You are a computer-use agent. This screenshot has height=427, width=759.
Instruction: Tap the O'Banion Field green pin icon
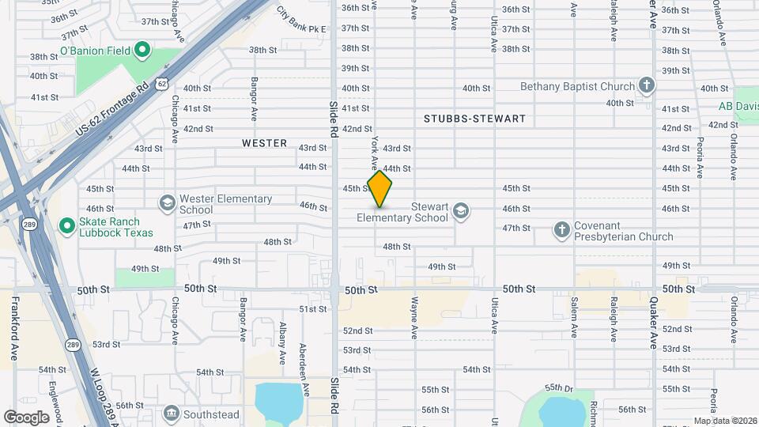[142, 51]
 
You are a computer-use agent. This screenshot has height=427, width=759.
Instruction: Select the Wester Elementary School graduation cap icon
[167, 204]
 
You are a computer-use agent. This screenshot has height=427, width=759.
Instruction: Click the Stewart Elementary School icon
[461, 211]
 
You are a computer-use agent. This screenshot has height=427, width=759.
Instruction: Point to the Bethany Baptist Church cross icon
[647, 85]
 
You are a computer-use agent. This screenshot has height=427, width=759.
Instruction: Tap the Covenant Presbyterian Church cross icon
[562, 230]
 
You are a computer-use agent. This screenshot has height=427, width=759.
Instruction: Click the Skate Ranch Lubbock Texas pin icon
[67, 227]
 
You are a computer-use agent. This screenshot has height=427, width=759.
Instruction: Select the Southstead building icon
[171, 413]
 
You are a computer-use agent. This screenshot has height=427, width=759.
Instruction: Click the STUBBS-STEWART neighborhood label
[474, 119]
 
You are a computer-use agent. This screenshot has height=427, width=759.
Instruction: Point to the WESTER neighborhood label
[264, 143]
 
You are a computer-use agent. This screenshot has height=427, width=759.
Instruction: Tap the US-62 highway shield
[162, 82]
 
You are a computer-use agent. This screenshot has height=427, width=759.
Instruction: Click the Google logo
[26, 417]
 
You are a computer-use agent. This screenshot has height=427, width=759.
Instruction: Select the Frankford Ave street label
[14, 329]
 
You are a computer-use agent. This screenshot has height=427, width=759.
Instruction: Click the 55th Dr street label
[559, 388]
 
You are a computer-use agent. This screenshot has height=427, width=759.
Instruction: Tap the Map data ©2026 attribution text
[724, 421]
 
